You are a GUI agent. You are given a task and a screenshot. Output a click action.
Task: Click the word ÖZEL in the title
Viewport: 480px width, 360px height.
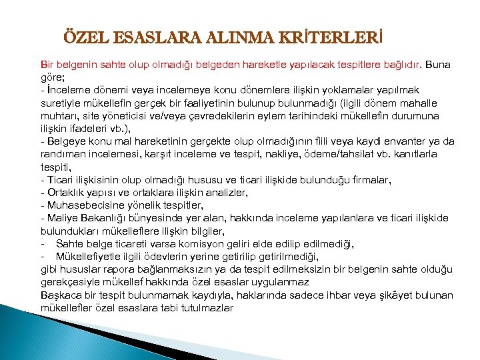pos(81,35)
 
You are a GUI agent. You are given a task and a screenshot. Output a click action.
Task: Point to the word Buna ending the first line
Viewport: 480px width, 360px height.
pos(437,65)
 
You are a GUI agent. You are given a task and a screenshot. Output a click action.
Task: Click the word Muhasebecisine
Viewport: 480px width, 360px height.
pos(83,205)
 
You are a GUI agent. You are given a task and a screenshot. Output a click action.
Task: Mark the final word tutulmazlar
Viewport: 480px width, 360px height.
pos(206,307)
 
